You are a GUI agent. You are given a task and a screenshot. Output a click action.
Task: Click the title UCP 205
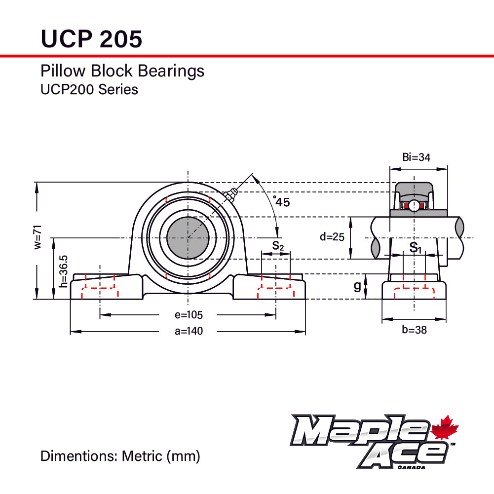91,38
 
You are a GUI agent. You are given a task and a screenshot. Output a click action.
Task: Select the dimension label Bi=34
416,157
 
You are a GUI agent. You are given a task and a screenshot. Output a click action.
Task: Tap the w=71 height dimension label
38,237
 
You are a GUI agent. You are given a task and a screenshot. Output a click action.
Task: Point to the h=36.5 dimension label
63,271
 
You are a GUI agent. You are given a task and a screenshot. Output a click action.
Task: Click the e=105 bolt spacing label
189,315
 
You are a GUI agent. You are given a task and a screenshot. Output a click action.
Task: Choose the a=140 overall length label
189,331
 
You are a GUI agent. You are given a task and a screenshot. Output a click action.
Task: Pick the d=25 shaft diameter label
332,236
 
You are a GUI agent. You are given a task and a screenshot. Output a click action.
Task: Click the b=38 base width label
414,330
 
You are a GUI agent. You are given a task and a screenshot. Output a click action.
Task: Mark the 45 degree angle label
282,201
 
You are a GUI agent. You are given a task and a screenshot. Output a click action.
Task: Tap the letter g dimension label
357,286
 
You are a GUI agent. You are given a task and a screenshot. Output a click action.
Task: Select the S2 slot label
278,245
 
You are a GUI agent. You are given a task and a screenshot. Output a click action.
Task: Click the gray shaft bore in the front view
188,238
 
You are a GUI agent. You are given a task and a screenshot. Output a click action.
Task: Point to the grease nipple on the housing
229,195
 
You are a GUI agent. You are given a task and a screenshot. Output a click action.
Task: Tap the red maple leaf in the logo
445,428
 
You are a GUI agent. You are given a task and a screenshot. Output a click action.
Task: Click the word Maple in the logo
360,430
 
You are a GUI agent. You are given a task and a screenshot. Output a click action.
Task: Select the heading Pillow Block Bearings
122,71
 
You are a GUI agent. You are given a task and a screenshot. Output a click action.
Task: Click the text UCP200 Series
89,90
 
